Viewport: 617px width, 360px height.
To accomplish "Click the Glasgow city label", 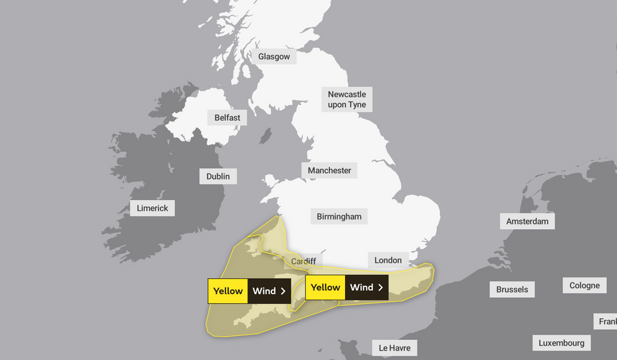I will coord(274,57).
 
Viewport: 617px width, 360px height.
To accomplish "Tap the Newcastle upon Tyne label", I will coord(347,99).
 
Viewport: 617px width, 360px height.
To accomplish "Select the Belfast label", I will coord(227,118).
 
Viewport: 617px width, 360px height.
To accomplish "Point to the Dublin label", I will coord(218,176).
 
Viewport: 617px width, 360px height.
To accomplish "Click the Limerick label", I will coord(152,208).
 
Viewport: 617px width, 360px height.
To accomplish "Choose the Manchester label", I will coord(329,170).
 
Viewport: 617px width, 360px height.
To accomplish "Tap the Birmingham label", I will coord(339,217).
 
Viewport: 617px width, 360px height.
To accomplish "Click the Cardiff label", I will coord(303,261).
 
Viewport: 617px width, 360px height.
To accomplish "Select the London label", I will coord(388,260).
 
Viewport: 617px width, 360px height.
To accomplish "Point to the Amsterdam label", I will coord(528,221).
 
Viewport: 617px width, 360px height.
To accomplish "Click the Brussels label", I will coord(512,290).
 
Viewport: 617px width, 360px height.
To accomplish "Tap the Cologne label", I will coord(584,285).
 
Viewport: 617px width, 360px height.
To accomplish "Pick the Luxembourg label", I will coord(562,343).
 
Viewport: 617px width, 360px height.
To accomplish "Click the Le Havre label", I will coord(394,347).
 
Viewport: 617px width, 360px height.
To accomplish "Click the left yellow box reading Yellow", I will coord(228,291).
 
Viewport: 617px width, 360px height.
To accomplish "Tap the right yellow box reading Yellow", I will coord(325,287).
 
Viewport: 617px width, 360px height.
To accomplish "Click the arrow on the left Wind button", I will coord(283,291).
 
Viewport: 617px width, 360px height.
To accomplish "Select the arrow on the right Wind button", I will coord(380,287).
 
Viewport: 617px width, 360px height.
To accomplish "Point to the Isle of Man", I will coord(266,136).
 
